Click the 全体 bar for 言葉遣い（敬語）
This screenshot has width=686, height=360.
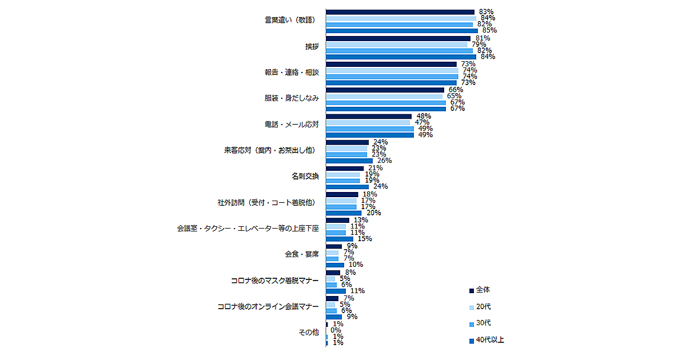click(400, 11)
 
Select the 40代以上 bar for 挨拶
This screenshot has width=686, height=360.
click(401, 57)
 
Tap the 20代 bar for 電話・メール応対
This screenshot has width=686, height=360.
click(368, 122)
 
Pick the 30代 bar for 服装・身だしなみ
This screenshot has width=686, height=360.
click(386, 102)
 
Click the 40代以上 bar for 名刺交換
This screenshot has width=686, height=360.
click(348, 186)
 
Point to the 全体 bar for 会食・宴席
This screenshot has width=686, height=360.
click(334, 246)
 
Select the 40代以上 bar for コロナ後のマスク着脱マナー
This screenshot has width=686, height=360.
click(336, 291)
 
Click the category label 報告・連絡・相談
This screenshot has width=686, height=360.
click(291, 73)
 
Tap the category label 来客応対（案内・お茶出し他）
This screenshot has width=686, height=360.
click(270, 151)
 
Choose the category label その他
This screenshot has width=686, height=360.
click(309, 332)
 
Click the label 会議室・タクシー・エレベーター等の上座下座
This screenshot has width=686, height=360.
click(248, 229)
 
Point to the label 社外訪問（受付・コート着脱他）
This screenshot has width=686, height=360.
click(265, 202)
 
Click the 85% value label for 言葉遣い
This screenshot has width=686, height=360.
click(489, 30)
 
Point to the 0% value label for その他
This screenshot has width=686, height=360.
click(336, 330)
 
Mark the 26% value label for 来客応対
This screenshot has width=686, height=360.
click(384, 161)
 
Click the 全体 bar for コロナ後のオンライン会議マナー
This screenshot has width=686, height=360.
click(332, 298)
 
